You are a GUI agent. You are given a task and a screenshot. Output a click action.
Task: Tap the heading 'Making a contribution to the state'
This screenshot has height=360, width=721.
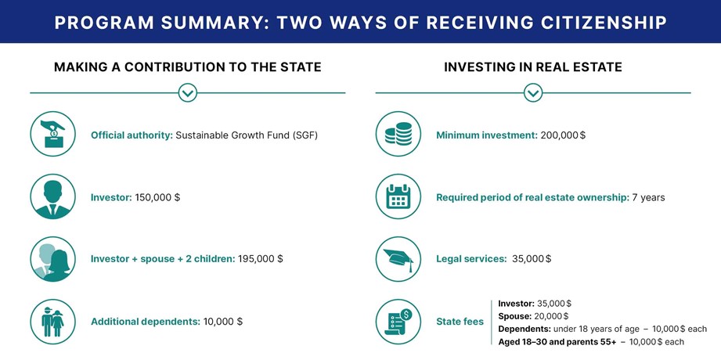[x=188, y=67]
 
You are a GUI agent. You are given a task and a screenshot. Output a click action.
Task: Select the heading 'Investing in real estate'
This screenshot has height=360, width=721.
[x=533, y=67]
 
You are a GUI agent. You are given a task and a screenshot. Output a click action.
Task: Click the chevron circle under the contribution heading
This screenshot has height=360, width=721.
[x=188, y=93]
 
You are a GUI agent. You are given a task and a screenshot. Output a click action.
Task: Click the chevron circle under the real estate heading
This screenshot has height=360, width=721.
[x=533, y=93]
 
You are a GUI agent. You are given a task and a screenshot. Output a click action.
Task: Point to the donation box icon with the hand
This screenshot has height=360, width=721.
[x=53, y=134]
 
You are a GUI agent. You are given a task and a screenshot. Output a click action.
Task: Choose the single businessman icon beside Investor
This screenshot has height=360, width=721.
[x=53, y=196]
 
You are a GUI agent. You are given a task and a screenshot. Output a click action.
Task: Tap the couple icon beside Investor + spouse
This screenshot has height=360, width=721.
[x=53, y=259]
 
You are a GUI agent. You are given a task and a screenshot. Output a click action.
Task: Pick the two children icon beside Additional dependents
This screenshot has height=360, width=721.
[x=53, y=322]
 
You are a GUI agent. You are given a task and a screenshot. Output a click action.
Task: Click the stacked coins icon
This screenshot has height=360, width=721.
[x=398, y=134]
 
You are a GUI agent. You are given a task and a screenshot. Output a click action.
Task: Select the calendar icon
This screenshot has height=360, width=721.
[x=398, y=196]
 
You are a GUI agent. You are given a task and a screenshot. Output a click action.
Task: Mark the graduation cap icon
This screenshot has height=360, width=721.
[x=398, y=259]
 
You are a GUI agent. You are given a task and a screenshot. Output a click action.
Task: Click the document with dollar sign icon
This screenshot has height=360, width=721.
[x=398, y=322]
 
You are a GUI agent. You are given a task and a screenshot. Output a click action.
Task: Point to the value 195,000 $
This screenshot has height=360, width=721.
[x=261, y=259]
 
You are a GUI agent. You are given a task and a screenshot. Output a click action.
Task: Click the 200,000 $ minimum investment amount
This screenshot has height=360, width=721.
[x=564, y=135]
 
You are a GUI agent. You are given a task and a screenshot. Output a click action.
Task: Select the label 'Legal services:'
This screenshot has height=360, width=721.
[x=471, y=259]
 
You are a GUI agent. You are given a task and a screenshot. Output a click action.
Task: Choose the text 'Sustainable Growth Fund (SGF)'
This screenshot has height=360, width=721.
[x=247, y=135]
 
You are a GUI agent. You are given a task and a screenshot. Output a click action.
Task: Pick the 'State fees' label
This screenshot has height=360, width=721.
[x=460, y=322]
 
